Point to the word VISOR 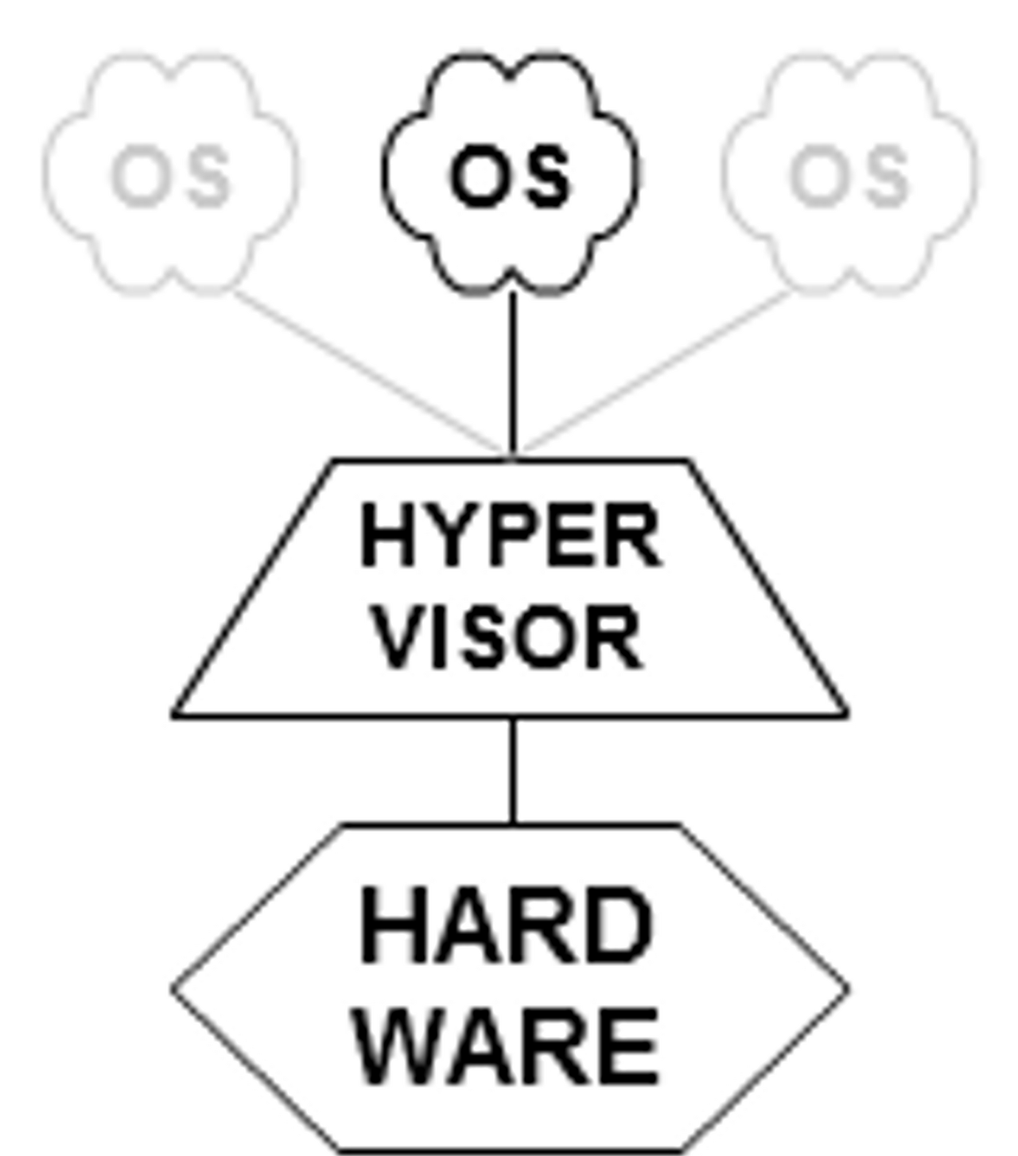coord(508,638)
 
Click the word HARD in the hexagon coord(507,927)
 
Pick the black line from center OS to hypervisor coord(513,374)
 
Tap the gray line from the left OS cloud coord(366,370)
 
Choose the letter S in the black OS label coord(546,176)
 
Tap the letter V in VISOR coord(398,638)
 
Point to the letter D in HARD coord(620,927)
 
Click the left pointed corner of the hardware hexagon coord(174,989)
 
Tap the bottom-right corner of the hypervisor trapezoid coord(845,715)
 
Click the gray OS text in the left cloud coord(170,176)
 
